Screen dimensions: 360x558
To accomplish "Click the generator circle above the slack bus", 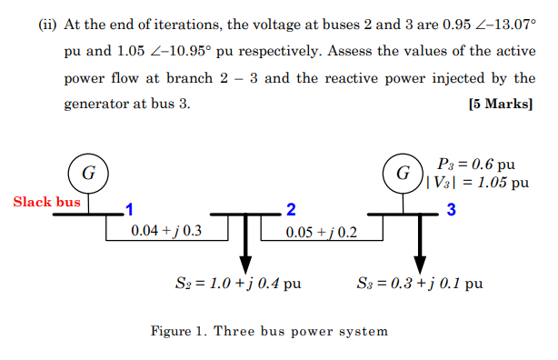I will (x=88, y=172).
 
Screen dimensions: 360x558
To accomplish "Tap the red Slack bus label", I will (x=46, y=202).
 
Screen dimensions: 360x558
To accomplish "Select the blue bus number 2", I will (x=290, y=211).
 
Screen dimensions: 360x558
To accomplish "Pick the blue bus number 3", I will (x=451, y=211).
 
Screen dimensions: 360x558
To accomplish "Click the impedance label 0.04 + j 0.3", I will (x=166, y=231).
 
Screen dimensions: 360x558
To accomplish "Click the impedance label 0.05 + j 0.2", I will (x=321, y=232).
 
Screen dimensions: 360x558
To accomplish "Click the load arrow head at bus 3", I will (x=419, y=263).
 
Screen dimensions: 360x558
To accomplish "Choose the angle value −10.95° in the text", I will (x=211, y=54).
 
